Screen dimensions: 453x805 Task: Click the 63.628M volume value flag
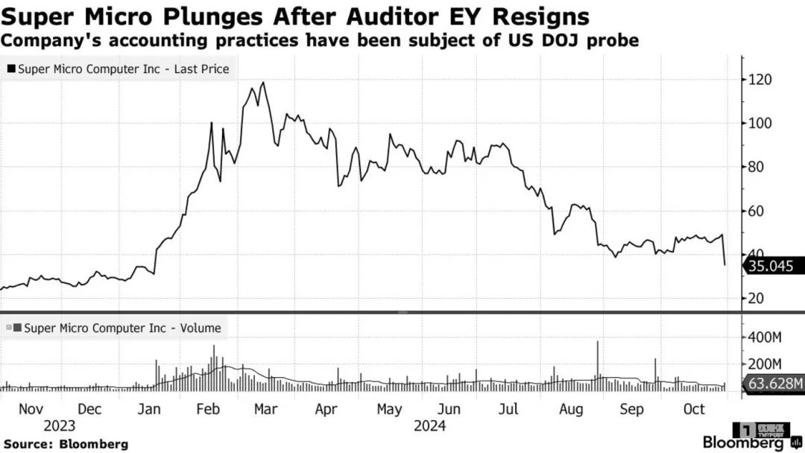tap(775, 384)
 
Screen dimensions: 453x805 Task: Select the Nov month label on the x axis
tap(31, 409)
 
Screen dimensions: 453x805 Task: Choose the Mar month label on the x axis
tap(265, 409)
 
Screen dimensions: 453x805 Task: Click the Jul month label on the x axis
tap(508, 409)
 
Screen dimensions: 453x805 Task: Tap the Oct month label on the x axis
tap(694, 409)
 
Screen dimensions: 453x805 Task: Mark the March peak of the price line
tap(263, 83)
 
